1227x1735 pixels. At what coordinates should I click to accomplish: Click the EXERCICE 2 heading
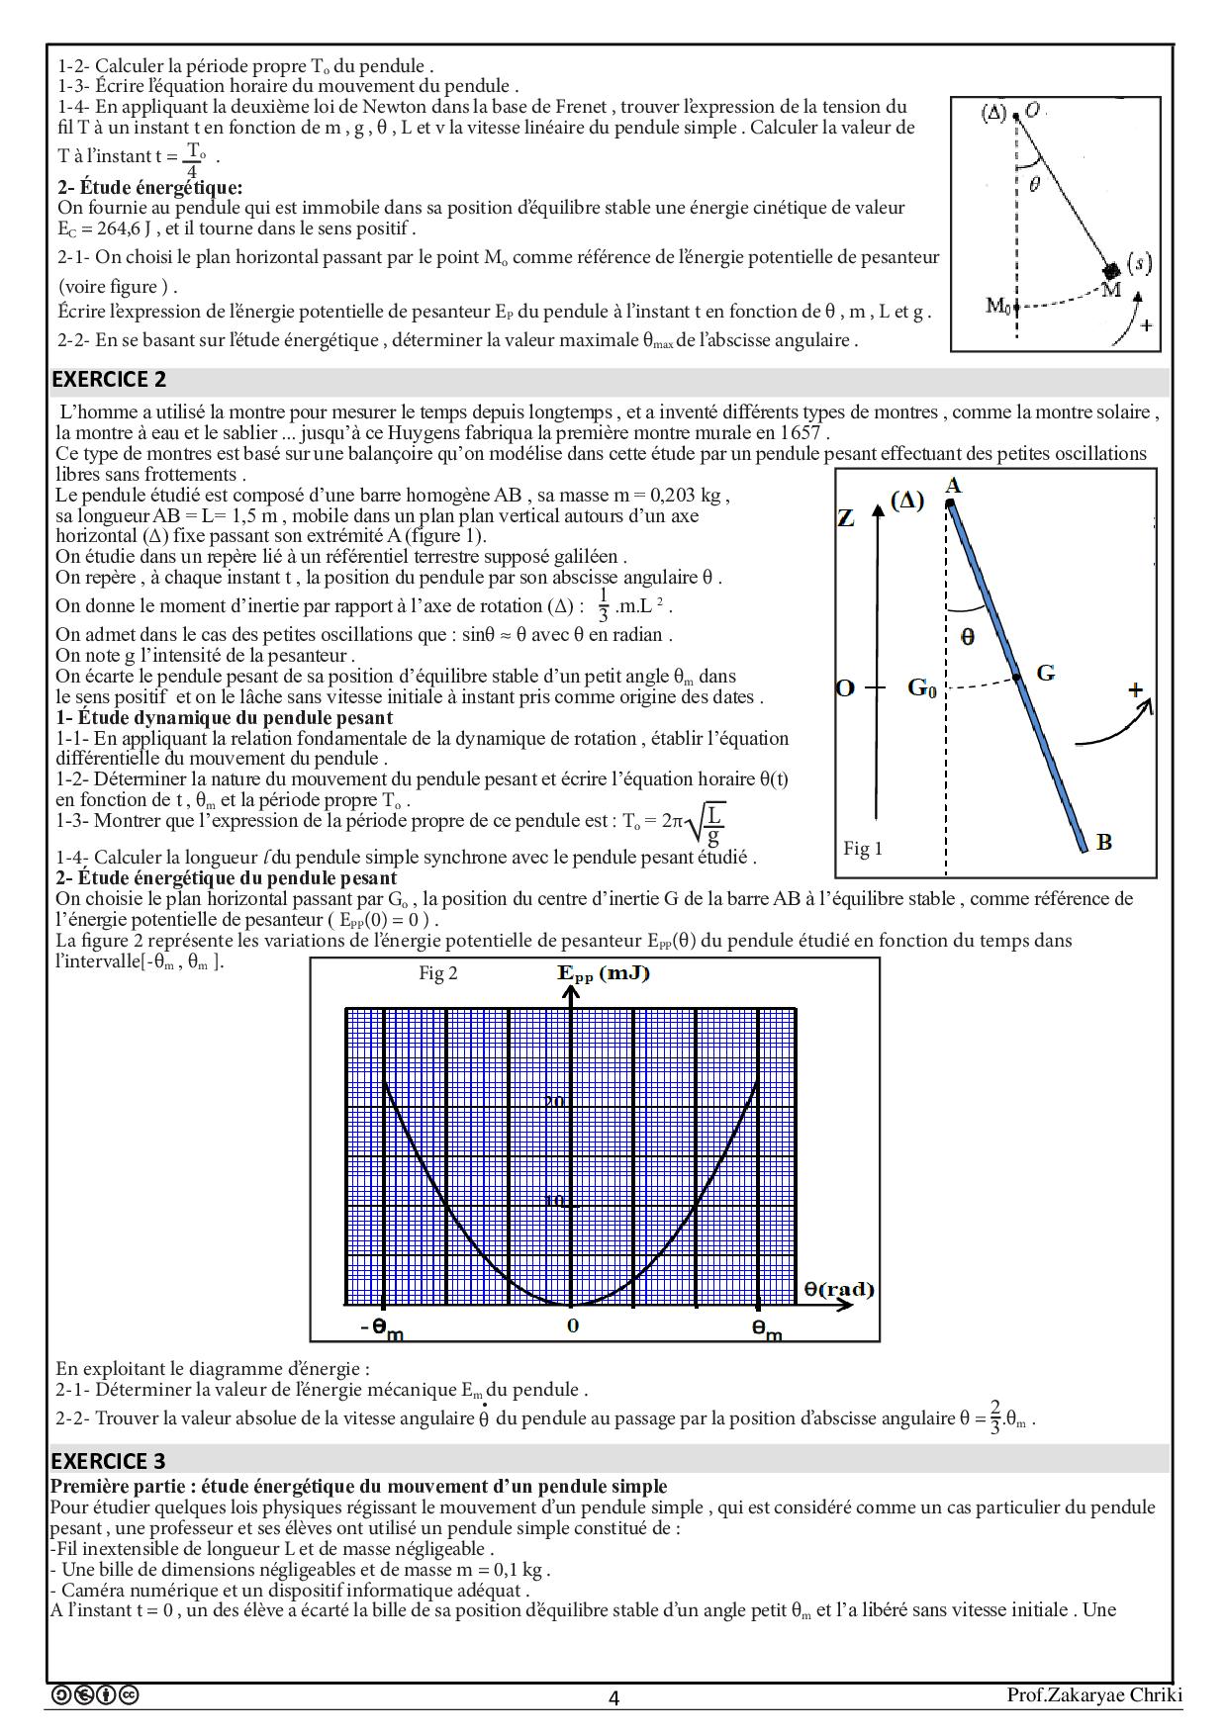[109, 380]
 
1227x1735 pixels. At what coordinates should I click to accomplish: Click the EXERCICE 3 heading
[109, 1461]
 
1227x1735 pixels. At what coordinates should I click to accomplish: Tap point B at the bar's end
[1104, 843]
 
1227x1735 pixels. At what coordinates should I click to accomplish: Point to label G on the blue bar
[1045, 674]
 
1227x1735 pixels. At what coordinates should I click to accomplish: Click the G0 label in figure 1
[922, 687]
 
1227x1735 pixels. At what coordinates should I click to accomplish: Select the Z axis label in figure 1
[846, 518]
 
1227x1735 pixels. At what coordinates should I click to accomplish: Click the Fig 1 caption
[863, 849]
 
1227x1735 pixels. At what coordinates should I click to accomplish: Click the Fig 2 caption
[437, 973]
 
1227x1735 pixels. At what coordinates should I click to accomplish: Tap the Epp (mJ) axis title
[604, 973]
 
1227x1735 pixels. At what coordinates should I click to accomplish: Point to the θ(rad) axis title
[839, 1289]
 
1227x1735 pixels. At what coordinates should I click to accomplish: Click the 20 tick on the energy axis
[555, 1102]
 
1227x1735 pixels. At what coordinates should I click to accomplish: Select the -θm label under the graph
[382, 1329]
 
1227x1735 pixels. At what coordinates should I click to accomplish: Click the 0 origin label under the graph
[573, 1326]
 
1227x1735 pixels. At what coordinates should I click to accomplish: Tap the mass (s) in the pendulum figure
[1112, 270]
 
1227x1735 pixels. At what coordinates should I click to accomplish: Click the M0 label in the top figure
[998, 306]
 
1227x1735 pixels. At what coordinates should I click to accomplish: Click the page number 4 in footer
[613, 1698]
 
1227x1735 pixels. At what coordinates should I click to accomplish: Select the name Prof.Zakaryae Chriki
[1094, 1695]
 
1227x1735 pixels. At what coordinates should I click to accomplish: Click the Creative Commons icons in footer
[95, 1695]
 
